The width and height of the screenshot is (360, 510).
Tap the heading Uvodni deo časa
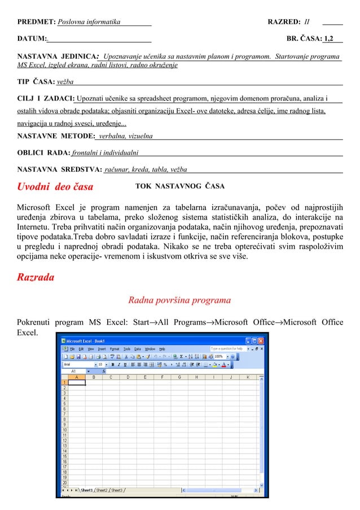[55, 186]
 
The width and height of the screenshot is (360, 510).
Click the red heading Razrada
[36, 277]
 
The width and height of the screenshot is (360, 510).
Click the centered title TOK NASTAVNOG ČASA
[180, 186]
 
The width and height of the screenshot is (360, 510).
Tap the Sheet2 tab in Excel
[102, 490]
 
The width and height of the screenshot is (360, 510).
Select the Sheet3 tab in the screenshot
[117, 490]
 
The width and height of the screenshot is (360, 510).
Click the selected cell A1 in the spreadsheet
[76, 382]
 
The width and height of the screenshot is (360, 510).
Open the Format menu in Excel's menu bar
[115, 349]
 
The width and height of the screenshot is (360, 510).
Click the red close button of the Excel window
[261, 341]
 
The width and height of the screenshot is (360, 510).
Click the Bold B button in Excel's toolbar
[113, 364]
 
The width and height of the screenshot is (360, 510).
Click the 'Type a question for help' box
[228, 349]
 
